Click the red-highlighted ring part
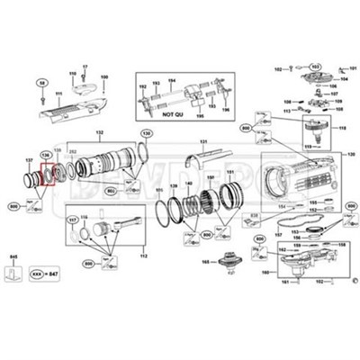[49, 172]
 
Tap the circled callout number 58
[40, 83]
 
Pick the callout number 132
[101, 132]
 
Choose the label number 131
[203, 142]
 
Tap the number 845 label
[12, 257]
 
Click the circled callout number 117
[73, 220]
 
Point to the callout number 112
[142, 256]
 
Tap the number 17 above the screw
[85, 67]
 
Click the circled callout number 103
[316, 67]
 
